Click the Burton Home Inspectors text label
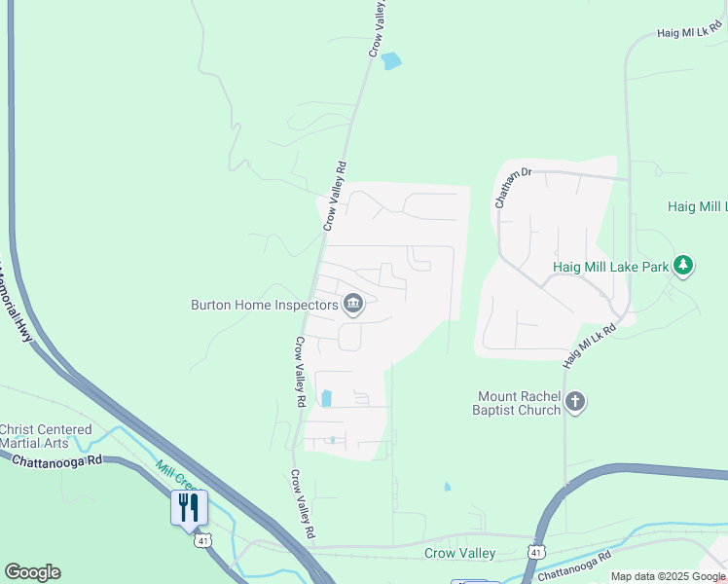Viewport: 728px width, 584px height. [264, 305]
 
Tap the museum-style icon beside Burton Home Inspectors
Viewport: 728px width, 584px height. [353, 306]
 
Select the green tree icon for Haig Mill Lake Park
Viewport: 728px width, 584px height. [683, 265]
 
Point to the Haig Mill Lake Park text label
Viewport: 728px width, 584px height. [611, 266]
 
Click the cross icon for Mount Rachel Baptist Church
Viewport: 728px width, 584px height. [575, 402]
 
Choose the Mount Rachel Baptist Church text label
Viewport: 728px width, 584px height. [520, 403]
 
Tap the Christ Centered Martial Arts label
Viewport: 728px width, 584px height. [46, 436]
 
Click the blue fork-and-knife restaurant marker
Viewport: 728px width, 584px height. [189, 507]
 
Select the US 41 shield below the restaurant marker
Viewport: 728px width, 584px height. [201, 539]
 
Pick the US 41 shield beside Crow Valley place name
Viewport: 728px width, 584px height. [535, 552]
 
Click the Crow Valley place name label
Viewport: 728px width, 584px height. [460, 554]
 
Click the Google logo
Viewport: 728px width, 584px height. [32, 572]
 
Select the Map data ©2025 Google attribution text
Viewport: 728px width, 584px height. [668, 576]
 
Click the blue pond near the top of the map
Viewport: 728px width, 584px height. [390, 61]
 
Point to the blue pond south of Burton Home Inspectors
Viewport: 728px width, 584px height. [326, 398]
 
